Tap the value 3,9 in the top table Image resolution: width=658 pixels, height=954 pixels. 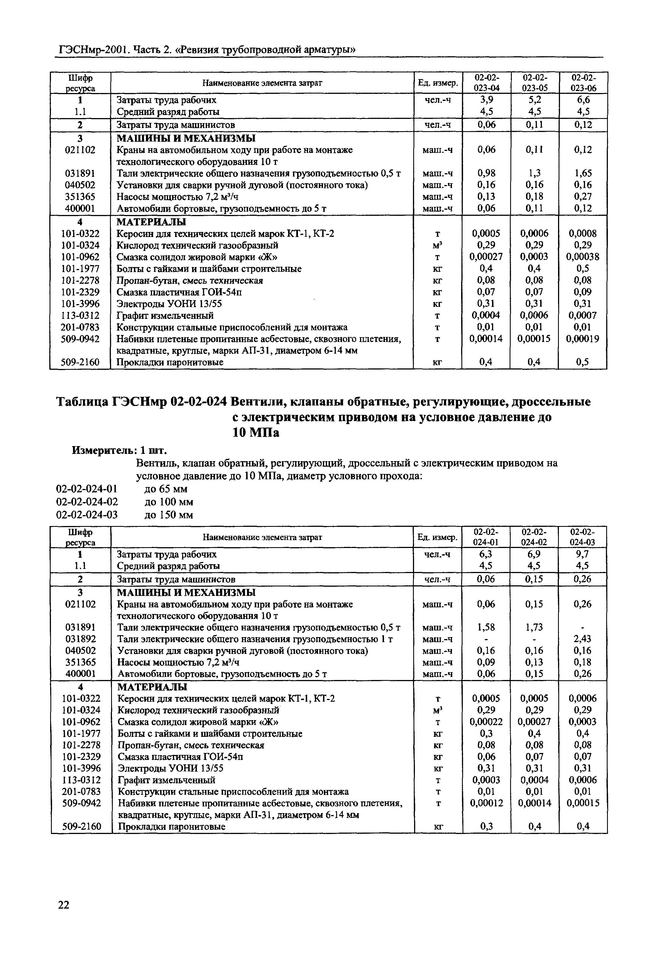pyautogui.click(x=486, y=100)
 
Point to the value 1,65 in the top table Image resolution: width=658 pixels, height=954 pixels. pyautogui.click(x=583, y=173)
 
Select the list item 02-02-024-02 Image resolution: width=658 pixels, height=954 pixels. pyautogui.click(x=87, y=502)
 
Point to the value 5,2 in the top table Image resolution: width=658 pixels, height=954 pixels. pyautogui.click(x=534, y=100)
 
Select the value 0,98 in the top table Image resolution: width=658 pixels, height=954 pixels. pyautogui.click(x=486, y=173)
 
